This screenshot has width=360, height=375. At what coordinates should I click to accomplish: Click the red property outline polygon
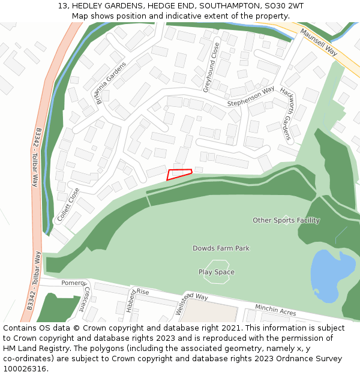179,174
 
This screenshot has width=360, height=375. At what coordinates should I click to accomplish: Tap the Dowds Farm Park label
221,248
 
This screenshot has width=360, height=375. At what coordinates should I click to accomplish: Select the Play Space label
217,272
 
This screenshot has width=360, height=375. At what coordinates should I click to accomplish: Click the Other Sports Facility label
286,220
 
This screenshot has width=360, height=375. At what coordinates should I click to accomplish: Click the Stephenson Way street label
251,97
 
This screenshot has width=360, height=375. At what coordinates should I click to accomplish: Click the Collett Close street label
68,205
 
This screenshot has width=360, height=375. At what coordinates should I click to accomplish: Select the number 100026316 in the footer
23,369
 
